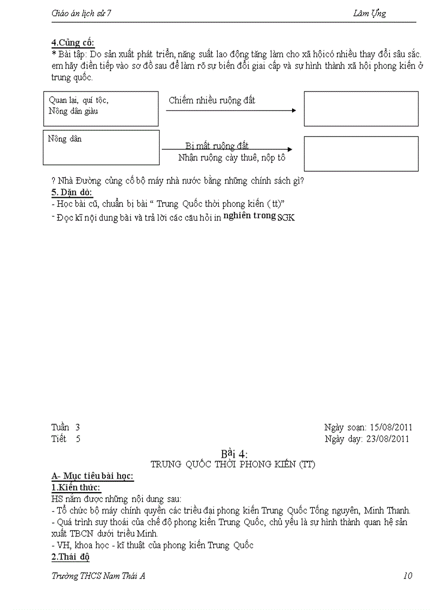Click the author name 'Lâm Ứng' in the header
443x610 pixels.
(x=369, y=14)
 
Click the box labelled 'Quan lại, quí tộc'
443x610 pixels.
(x=100, y=109)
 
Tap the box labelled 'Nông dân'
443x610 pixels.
(x=101, y=147)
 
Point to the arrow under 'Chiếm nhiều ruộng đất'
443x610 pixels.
(x=231, y=110)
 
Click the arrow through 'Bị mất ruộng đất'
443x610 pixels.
(x=227, y=149)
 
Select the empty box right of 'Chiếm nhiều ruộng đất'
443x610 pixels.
(x=360, y=109)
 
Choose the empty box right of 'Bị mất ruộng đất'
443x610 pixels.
(x=360, y=154)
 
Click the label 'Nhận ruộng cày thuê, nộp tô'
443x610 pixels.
(x=232, y=158)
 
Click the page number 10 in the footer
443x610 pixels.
(x=408, y=576)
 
